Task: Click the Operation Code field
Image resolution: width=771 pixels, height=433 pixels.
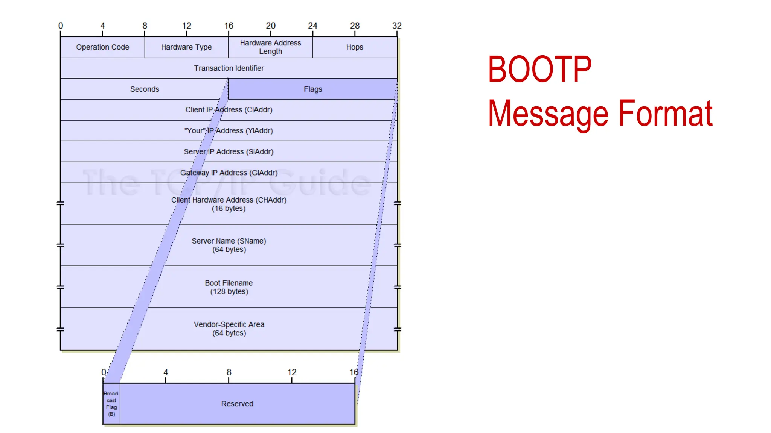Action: coord(102,47)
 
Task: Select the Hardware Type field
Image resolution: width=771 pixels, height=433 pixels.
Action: coord(186,47)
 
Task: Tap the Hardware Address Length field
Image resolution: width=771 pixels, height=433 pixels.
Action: coord(270,47)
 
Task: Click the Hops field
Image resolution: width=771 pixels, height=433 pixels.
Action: coord(355,47)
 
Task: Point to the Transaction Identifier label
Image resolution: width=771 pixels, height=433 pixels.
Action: coord(229,68)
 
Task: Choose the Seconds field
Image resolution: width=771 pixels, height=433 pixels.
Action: coord(145,89)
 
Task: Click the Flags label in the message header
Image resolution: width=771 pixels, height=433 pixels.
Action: coord(313,89)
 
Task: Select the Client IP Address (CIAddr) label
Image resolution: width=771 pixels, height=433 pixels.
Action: coord(229,110)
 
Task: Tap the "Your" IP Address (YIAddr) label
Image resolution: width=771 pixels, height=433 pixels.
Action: coord(229,131)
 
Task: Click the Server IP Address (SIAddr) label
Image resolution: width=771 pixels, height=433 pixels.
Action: coord(229,152)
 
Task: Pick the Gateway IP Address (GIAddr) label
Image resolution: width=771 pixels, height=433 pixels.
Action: coord(229,173)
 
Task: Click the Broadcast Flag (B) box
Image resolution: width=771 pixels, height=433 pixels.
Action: coord(111,404)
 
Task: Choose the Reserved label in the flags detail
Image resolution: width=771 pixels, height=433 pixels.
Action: coord(237,404)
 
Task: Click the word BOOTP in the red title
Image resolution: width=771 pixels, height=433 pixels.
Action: coord(539,70)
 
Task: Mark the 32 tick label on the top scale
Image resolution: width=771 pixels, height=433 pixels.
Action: coord(397,26)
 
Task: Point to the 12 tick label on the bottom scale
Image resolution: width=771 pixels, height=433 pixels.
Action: coord(292,372)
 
